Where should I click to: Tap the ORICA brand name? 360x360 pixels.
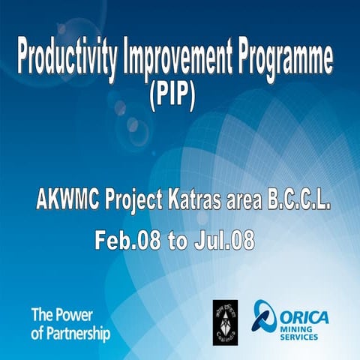coord(305,315)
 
